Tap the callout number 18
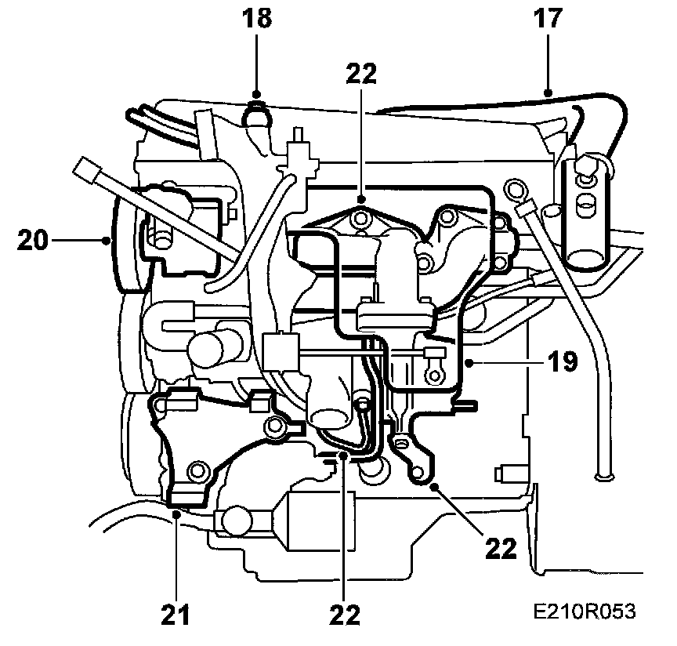[x=257, y=19]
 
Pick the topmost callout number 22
[x=360, y=74]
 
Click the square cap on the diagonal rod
[x=85, y=167]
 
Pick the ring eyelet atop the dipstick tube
[x=515, y=188]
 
